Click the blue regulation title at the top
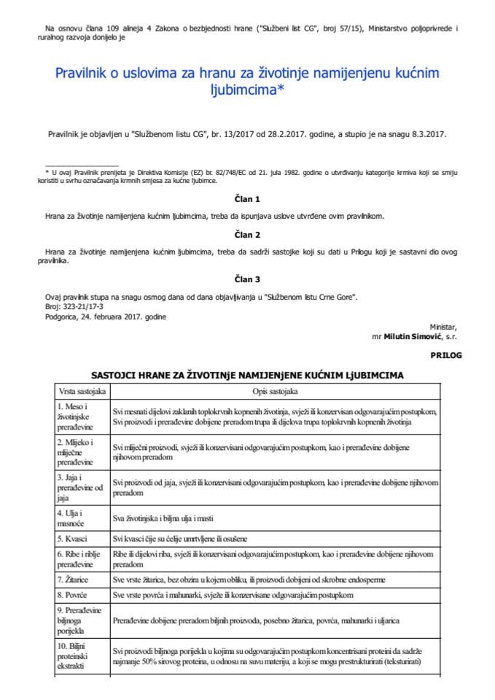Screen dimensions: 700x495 pyautogui.click(x=247, y=83)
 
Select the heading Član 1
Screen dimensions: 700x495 pyautogui.click(x=247, y=199)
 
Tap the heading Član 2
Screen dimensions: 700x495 pyautogui.click(x=247, y=235)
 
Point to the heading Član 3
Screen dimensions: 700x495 pyautogui.click(x=247, y=279)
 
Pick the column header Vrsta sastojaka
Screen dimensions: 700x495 pyautogui.click(x=81, y=392)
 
